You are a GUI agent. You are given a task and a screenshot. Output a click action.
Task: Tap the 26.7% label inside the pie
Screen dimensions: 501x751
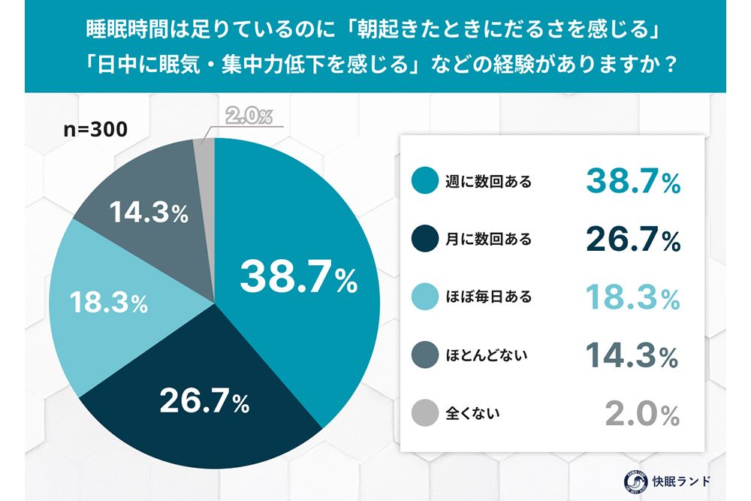pos(204,403)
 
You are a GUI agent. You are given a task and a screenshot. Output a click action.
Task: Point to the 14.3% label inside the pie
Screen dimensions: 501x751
pos(149,213)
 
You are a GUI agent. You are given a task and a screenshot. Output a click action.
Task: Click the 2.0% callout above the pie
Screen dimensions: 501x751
pos(248,116)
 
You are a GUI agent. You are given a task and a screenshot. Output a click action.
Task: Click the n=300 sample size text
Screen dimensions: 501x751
pos(95,128)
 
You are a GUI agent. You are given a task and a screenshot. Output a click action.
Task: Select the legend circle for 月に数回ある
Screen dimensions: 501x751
pos(424,240)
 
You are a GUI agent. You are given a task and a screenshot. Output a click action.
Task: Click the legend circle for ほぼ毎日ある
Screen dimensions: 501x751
pos(424,297)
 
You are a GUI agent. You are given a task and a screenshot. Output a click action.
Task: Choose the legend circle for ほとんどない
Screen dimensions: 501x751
pos(424,355)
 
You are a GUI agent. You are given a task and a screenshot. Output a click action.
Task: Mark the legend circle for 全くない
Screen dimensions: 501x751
pos(424,412)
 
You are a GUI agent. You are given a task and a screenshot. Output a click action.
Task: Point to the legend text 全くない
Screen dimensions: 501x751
pos(473,412)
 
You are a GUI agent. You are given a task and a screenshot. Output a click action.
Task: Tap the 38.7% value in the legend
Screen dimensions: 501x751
pos(633,182)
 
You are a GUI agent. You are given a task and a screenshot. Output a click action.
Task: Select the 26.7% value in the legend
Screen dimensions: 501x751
pos(633,240)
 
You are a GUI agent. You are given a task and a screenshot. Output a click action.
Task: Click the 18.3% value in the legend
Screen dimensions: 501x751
pos(633,297)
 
